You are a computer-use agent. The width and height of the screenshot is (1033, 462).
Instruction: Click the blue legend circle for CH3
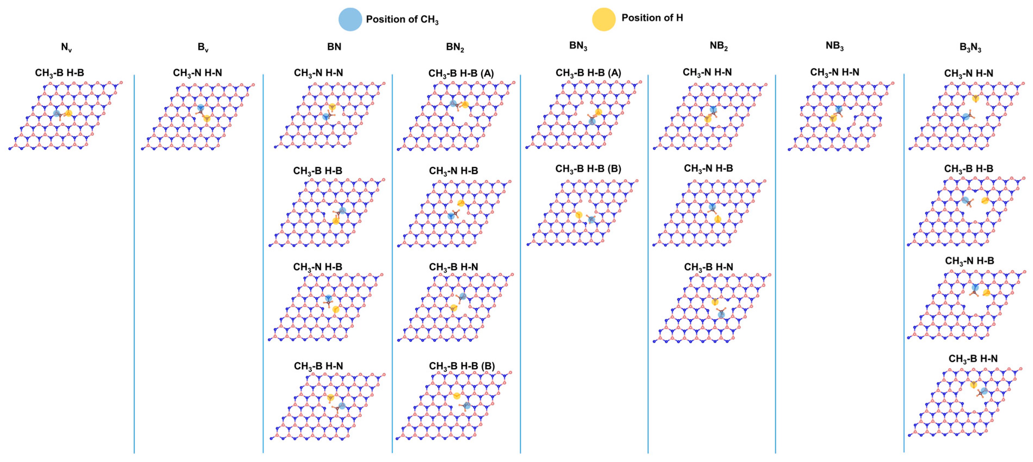point(350,19)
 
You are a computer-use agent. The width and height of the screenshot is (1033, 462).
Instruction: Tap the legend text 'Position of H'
point(652,18)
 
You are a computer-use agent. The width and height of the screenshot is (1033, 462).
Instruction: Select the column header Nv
point(66,47)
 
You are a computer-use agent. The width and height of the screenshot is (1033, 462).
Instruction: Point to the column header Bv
point(203,47)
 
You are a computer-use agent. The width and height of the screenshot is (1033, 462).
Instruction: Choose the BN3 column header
point(578,46)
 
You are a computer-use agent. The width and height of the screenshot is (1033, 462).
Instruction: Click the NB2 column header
point(718,46)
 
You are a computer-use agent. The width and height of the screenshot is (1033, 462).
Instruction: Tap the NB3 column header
point(834,46)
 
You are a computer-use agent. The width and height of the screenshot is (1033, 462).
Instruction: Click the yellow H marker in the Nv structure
point(69,113)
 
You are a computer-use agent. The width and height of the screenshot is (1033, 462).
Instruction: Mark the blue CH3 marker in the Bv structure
point(200,108)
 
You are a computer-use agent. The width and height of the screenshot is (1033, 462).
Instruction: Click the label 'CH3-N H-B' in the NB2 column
point(708,169)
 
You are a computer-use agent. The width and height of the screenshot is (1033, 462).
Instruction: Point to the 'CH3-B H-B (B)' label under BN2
point(462,366)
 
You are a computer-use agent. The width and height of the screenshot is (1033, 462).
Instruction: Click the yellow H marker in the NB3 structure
point(833,118)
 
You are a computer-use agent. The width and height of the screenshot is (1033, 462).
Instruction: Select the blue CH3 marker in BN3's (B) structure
point(591,220)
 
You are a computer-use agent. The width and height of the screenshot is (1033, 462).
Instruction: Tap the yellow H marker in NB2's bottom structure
point(714,302)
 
